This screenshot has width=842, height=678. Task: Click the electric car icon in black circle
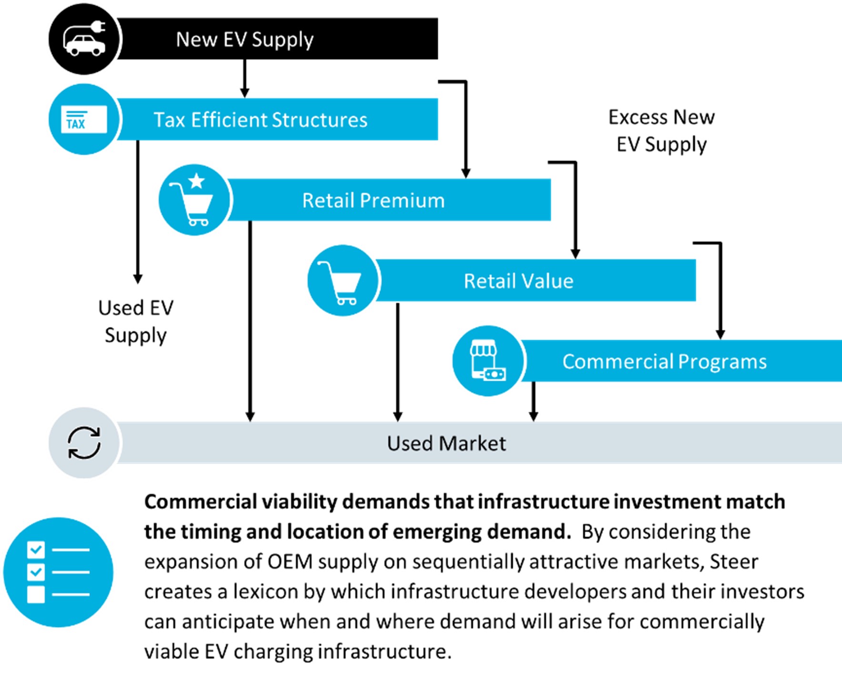[84, 40]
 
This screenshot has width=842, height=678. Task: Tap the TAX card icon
[84, 119]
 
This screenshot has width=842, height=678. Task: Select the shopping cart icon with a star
[193, 200]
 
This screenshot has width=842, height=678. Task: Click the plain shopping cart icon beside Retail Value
[342, 281]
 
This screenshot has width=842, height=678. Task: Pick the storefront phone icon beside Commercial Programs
[487, 361]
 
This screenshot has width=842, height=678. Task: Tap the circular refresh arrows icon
[84, 443]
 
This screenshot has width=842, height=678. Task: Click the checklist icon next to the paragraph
[58, 572]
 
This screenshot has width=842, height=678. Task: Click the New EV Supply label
[244, 40]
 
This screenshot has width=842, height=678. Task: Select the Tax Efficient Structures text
[260, 120]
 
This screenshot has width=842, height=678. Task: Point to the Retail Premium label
[373, 200]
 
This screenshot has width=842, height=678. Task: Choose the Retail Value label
[518, 281]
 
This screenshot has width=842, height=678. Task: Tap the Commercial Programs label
[664, 361]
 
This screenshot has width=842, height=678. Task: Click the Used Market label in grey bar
[446, 443]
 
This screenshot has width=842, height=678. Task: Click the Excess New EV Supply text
[661, 131]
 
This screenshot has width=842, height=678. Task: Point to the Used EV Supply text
[136, 322]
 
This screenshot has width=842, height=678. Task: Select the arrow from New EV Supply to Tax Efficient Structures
[244, 79]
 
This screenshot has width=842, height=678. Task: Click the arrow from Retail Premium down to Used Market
[250, 319]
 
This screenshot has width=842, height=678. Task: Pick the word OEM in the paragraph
[290, 562]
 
